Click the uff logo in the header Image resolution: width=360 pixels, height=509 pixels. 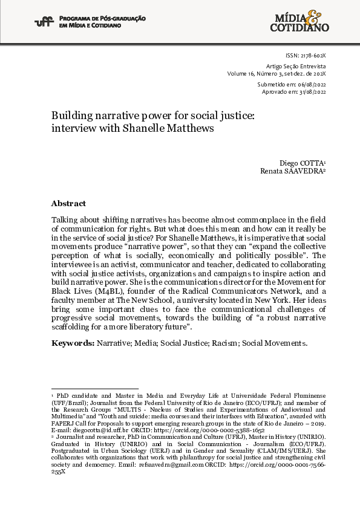[x=43, y=22]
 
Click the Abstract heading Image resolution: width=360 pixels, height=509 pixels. [x=68, y=204]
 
